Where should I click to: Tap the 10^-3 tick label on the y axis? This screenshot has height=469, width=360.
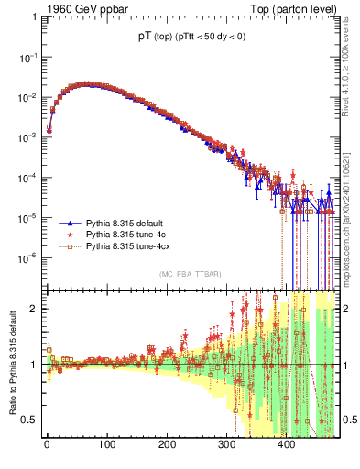(30, 137)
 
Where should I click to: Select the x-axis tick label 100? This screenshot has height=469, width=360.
(106, 445)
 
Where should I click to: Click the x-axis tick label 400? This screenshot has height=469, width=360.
(287, 445)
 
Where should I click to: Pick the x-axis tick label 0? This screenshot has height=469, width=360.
(47, 445)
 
